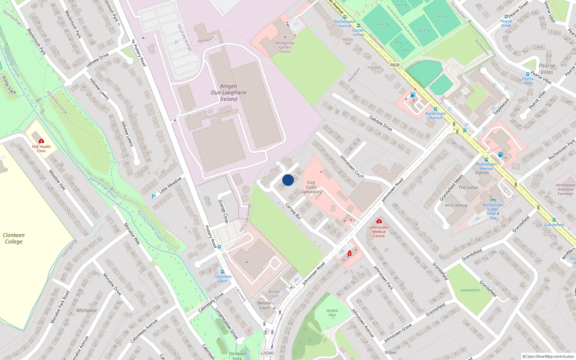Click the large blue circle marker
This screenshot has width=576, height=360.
(288, 180)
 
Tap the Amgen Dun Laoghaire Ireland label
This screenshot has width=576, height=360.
(229, 93)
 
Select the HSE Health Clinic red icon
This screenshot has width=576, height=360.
(41, 141)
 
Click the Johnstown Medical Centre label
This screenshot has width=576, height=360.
(379, 231)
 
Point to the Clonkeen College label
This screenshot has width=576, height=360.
(14, 238)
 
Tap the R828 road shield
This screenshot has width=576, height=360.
(395, 65)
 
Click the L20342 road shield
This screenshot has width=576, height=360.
(267, 353)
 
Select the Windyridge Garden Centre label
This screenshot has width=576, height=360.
(285, 47)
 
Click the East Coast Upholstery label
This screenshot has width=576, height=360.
(311, 187)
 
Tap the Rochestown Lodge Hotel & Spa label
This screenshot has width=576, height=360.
(493, 211)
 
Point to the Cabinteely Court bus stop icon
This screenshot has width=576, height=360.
(222, 272)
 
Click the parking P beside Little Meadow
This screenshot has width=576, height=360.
(154, 197)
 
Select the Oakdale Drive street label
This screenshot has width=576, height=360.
(381, 123)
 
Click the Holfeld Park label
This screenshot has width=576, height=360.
(332, 313)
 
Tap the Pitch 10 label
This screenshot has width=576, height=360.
(382, 25)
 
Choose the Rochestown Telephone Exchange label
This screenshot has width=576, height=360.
(565, 189)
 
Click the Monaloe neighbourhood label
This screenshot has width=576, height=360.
(86, 310)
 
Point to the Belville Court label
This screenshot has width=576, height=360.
(264, 305)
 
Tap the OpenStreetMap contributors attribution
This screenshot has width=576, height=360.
(548, 356)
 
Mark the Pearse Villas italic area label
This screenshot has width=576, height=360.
(546, 69)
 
